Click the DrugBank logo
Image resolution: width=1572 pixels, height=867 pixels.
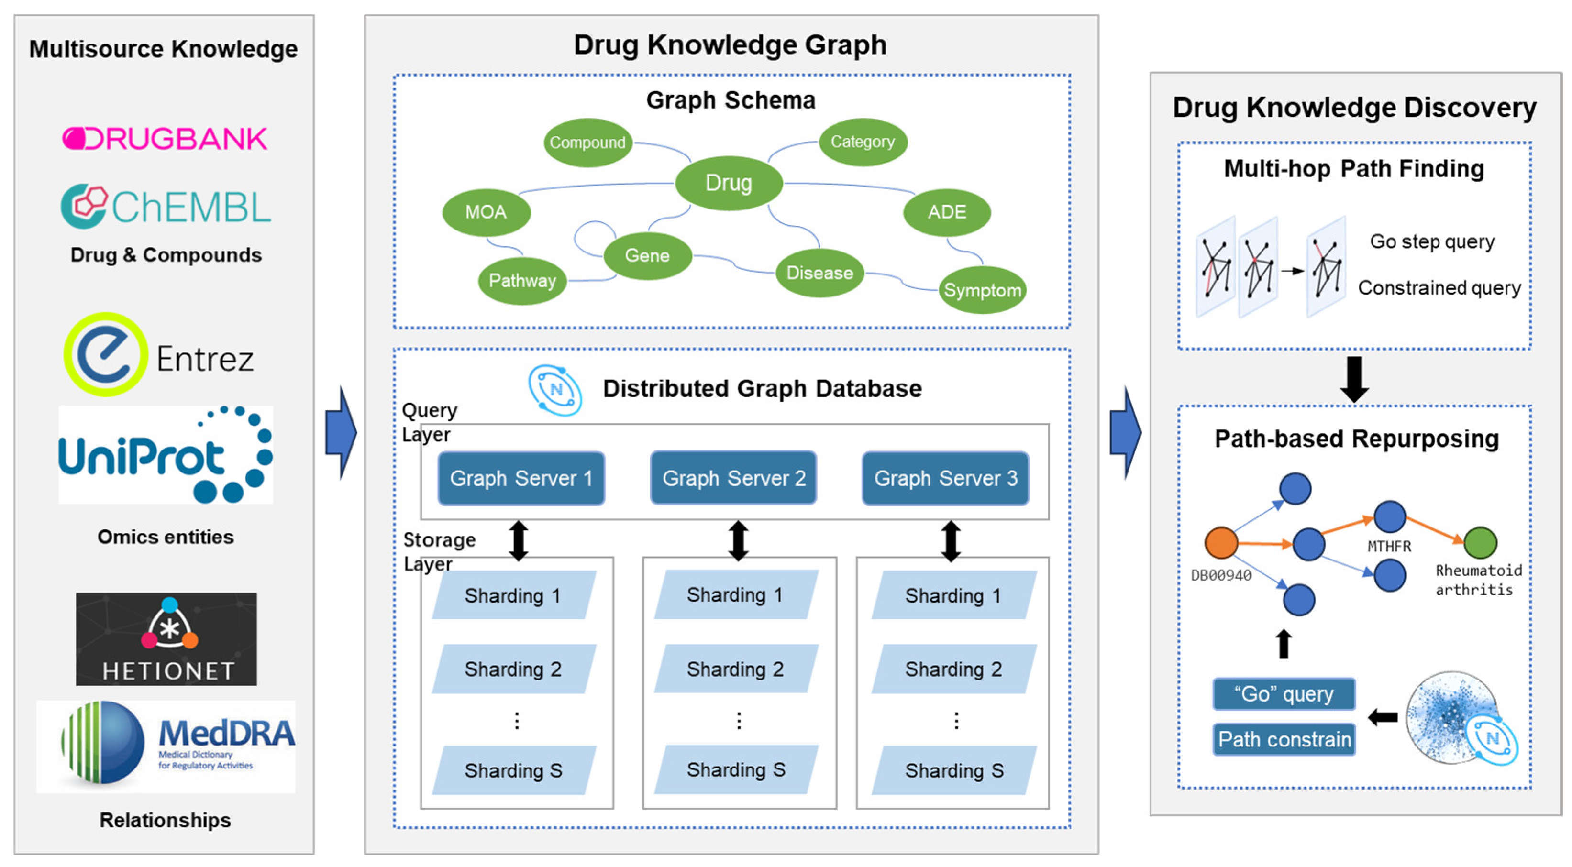coord(165,139)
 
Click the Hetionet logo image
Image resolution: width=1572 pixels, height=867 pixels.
coord(166,639)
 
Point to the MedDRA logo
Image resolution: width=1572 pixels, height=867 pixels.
coord(166,746)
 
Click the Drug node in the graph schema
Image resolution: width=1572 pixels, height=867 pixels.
coord(728,182)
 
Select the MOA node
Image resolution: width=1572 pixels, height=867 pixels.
coord(486,212)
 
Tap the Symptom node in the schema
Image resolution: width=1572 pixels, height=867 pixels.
coord(982,290)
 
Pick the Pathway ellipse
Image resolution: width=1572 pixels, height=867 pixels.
coord(522,280)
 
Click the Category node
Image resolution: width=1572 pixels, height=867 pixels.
coord(862,142)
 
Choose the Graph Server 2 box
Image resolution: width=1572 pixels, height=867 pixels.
coord(733,478)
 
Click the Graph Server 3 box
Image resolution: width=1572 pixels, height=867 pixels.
coord(945,478)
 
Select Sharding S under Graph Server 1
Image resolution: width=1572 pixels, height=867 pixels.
coord(513,770)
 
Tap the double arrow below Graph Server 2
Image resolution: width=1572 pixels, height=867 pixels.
coord(739,540)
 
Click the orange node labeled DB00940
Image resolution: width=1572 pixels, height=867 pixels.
coord(1220,542)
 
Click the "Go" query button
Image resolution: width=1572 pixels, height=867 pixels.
coord(1284,694)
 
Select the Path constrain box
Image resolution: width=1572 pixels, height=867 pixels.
coord(1284,739)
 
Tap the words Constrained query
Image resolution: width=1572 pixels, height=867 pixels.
coord(1439,287)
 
